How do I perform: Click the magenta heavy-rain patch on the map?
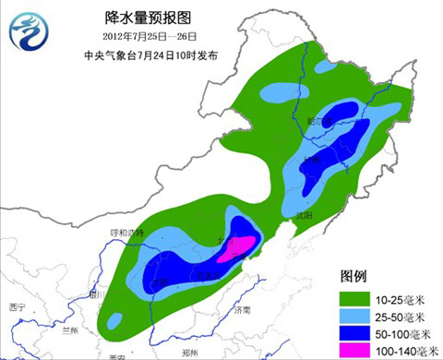click(241, 245)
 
